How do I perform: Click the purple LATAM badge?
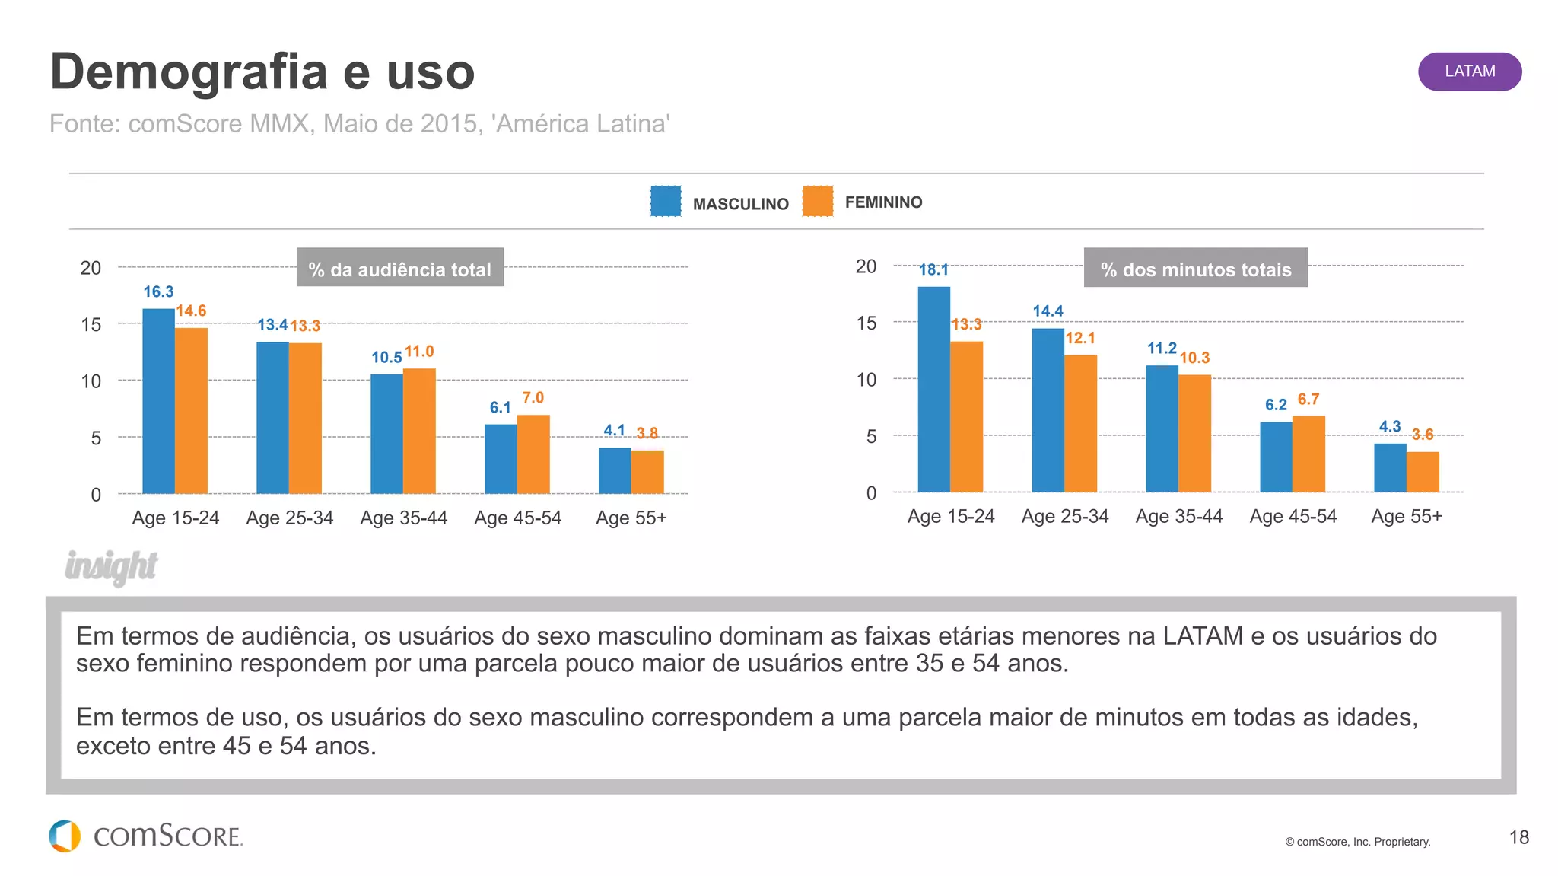(x=1469, y=72)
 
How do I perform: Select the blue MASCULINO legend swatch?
(x=666, y=202)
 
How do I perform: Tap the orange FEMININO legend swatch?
(x=818, y=202)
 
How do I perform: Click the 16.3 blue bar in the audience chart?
(x=158, y=401)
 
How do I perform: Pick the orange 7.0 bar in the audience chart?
(x=533, y=454)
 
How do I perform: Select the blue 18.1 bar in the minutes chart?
(x=933, y=389)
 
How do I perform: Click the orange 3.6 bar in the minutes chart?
(x=1423, y=472)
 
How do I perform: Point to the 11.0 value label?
(x=419, y=352)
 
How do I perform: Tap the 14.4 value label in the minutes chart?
(x=1048, y=311)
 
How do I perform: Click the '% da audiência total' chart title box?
(x=400, y=268)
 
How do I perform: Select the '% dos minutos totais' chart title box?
(x=1195, y=268)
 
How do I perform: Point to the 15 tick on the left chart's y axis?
(x=91, y=325)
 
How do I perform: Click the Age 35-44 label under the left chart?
(x=403, y=518)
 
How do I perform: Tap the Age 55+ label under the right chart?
(x=1406, y=517)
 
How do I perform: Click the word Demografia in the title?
(x=189, y=72)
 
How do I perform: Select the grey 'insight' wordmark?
(x=111, y=566)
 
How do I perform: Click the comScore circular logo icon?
(x=65, y=836)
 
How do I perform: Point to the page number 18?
(x=1518, y=838)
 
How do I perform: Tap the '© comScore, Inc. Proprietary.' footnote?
(x=1357, y=842)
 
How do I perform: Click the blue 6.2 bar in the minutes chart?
(x=1276, y=457)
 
